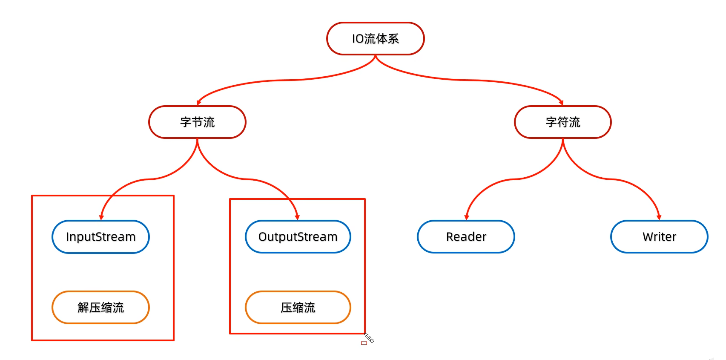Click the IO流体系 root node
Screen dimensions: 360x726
point(375,39)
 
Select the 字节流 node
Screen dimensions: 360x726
point(197,122)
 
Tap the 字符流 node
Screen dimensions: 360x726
point(562,122)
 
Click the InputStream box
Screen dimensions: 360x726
point(100,237)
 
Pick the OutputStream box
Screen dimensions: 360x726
point(298,237)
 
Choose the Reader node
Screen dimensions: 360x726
point(466,237)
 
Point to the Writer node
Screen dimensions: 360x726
point(659,237)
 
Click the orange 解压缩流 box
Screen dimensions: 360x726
point(100,308)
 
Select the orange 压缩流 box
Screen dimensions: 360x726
point(298,308)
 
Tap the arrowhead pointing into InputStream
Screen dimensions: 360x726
point(101,217)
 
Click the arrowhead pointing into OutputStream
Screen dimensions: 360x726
point(297,217)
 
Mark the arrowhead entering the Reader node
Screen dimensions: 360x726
point(467,217)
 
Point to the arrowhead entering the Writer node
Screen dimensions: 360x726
point(659,217)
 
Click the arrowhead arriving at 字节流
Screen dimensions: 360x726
point(198,103)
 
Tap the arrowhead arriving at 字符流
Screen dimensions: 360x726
point(561,103)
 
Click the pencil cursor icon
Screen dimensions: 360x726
point(369,338)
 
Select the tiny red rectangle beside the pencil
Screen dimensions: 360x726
point(364,343)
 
